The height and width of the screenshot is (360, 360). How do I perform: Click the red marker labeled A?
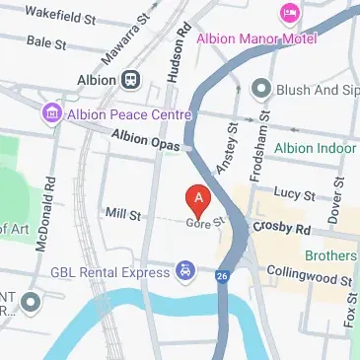click(198, 200)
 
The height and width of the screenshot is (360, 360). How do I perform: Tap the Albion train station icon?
click(130, 79)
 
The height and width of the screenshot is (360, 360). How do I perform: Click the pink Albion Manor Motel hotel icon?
click(290, 13)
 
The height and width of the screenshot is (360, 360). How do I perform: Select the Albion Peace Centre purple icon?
click(50, 114)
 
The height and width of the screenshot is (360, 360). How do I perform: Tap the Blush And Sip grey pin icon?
click(260, 89)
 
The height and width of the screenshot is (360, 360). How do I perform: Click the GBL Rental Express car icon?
click(184, 270)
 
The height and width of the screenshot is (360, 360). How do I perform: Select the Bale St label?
click(46, 42)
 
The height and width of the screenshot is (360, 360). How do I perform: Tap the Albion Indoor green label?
click(316, 148)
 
